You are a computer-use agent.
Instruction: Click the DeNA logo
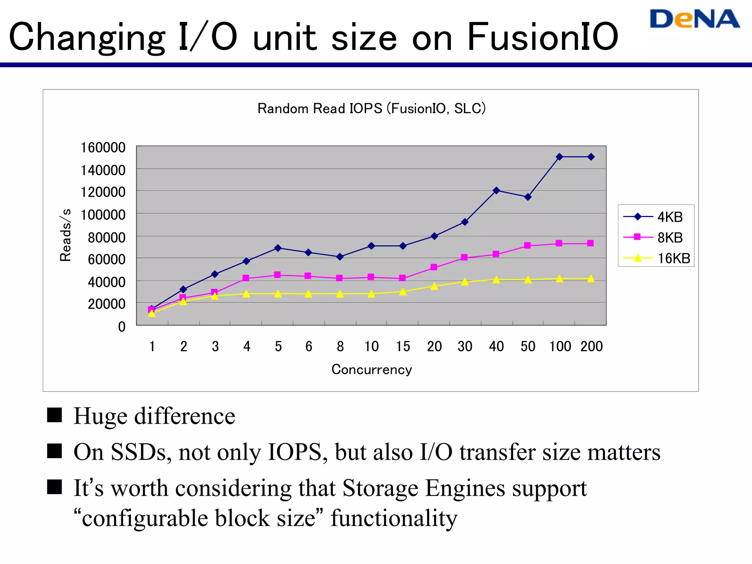tap(694, 19)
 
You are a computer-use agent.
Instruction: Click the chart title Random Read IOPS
tap(371, 109)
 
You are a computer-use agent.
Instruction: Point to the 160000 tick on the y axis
tap(103, 148)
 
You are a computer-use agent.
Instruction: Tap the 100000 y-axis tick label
tap(103, 215)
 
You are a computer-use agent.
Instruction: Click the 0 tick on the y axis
tap(122, 326)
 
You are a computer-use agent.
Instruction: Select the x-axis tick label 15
tap(403, 346)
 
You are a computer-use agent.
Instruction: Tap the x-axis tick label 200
tap(591, 346)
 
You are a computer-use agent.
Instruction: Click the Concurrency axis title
tap(372, 369)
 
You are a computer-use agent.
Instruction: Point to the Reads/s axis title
tap(65, 235)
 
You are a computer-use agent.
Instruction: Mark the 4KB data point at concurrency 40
tap(496, 190)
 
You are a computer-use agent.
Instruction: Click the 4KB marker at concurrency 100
tap(559, 157)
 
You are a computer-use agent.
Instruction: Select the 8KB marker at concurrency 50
tap(528, 245)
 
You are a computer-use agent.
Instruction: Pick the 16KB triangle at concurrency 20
tap(434, 286)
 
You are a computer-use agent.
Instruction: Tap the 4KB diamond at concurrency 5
tap(278, 248)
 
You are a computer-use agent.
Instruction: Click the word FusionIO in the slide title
tap(542, 37)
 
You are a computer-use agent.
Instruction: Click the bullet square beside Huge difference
tap(54, 415)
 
